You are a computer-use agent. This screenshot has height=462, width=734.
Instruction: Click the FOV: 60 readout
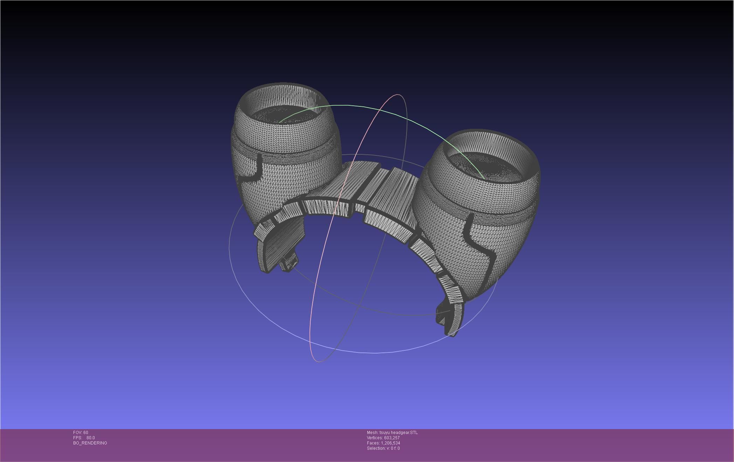click(x=81, y=433)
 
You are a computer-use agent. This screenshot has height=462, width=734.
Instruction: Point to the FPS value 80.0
click(x=90, y=438)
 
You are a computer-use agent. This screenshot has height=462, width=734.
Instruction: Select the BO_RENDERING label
click(x=90, y=443)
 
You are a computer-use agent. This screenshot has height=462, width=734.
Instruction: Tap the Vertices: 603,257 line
click(x=383, y=438)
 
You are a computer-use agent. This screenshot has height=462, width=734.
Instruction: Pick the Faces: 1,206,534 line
click(x=383, y=443)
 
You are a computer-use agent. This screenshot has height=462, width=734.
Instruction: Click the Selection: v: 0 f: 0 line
click(x=383, y=448)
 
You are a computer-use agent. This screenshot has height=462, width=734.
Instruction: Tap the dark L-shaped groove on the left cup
click(x=256, y=171)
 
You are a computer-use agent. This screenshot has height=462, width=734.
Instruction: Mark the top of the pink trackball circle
click(x=397, y=94)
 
